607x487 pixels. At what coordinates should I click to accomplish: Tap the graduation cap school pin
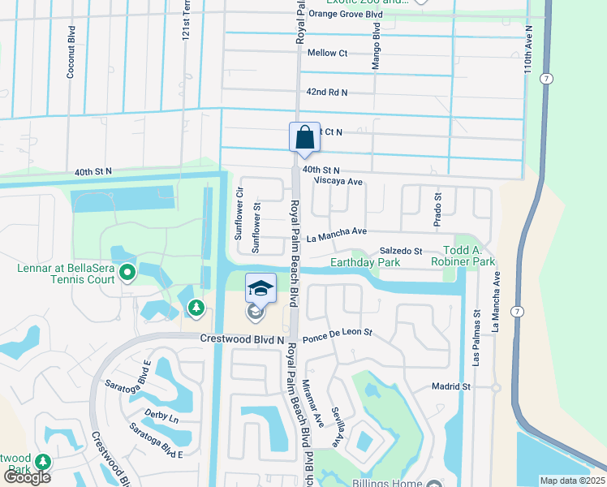(260, 288)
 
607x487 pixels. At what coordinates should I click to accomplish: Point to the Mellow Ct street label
(328, 54)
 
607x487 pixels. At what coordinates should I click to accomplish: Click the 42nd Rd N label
(327, 93)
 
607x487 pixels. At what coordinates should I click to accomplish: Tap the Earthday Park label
(365, 263)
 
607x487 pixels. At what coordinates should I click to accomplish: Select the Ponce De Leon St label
(337, 332)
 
